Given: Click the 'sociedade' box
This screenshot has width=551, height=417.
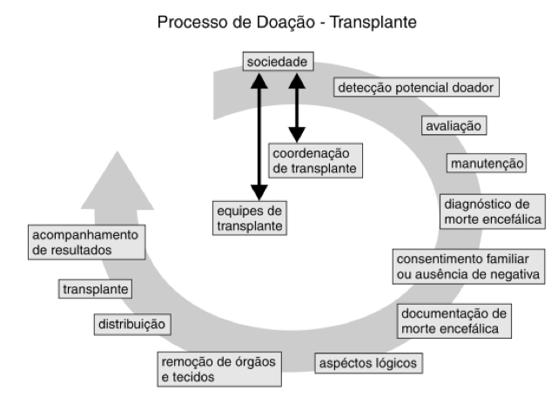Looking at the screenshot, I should coord(276,64).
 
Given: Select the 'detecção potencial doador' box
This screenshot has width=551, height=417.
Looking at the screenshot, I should coord(417,88).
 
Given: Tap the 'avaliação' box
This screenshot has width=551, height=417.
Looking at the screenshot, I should coord(454,125).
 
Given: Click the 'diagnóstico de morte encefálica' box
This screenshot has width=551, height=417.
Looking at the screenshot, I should coord(493,211).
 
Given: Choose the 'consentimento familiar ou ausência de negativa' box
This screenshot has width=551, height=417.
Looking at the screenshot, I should coord(469,267).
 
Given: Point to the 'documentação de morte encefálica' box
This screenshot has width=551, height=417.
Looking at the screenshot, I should coord(454,320).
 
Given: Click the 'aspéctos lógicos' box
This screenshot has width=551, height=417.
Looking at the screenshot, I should coord(369,362).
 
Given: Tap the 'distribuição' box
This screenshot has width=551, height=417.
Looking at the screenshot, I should coord(131,325).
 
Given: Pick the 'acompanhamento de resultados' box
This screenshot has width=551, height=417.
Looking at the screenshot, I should coord(84,242).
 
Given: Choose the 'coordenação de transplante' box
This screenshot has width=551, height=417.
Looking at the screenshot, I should coord(312,160).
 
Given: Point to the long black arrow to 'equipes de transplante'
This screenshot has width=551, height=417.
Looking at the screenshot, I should coord(259,139).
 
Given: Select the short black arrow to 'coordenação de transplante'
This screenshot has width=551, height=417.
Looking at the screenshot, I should coord(297,109).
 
